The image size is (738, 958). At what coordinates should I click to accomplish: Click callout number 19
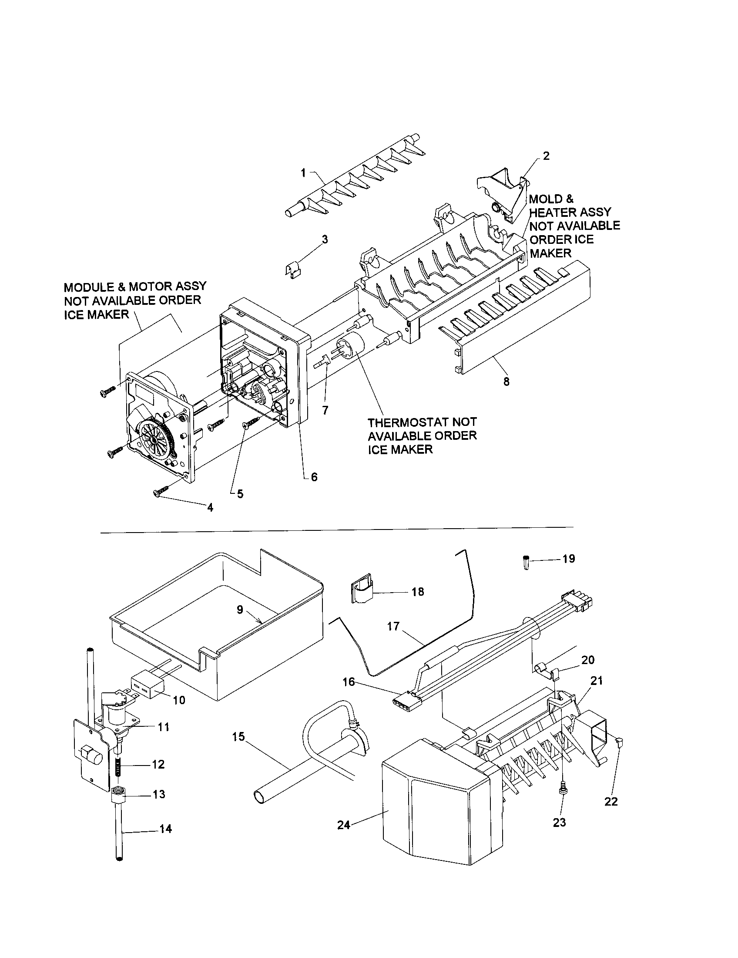click(568, 559)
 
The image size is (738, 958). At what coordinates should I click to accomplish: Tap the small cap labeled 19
click(526, 562)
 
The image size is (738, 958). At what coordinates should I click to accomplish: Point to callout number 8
click(506, 381)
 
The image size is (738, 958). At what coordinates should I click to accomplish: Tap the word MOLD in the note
click(545, 199)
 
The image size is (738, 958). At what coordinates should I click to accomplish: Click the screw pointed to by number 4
click(161, 492)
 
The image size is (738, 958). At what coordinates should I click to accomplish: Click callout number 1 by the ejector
click(303, 173)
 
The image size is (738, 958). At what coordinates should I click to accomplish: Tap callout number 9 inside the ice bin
click(240, 610)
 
